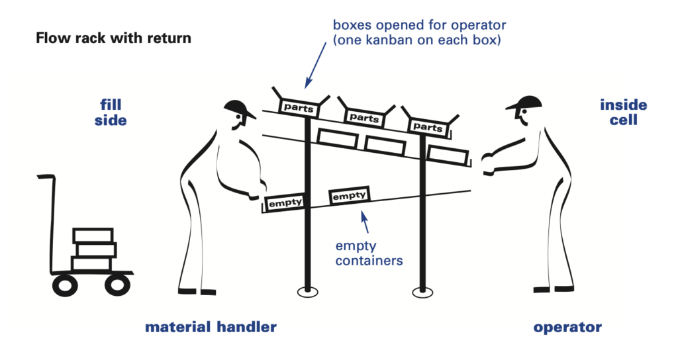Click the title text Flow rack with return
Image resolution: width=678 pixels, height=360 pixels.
[113, 38]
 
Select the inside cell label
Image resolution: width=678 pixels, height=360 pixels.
[623, 112]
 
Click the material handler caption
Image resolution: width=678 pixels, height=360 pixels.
[211, 327]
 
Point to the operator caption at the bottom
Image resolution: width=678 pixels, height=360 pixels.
[567, 327]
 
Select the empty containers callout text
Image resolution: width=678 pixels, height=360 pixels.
[369, 253]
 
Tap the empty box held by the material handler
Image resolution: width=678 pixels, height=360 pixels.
[284, 202]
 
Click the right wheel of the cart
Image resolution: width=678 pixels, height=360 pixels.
[116, 285]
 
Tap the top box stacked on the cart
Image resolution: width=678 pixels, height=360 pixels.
[93, 236]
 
